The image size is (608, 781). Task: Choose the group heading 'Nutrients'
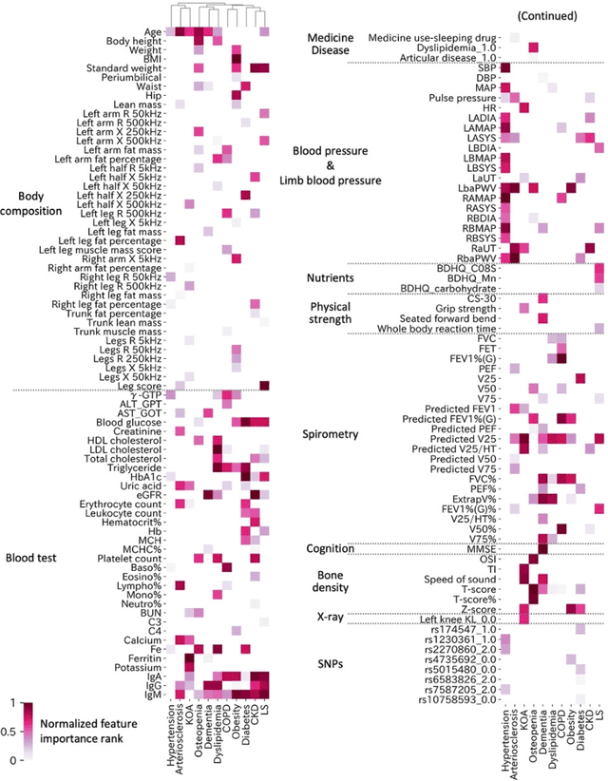click(331, 277)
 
